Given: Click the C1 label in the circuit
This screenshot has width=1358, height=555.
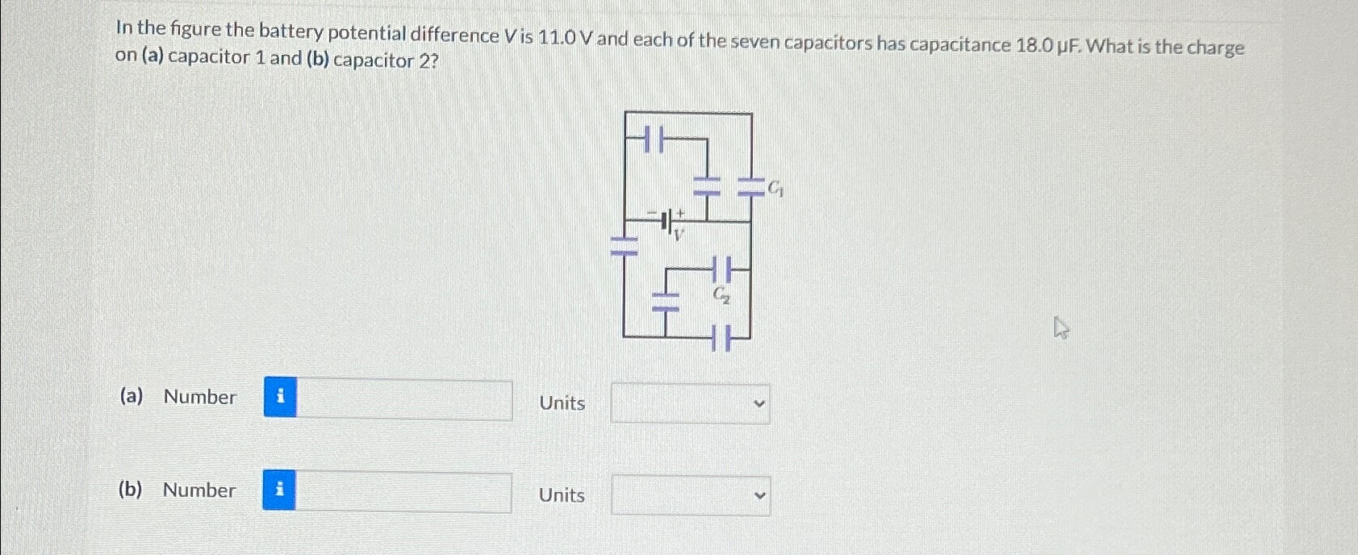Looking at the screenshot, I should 775,189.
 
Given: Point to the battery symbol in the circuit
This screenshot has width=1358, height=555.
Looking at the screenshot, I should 666,220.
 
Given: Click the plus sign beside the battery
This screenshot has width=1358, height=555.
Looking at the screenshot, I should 681,212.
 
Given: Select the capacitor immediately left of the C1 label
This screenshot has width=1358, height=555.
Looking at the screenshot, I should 751,189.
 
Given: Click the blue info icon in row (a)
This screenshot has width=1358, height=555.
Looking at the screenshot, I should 280,397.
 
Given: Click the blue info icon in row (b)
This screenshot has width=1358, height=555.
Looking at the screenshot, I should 279,490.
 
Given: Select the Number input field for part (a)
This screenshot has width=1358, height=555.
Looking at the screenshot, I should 403,400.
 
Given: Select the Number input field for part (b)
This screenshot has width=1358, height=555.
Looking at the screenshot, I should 403,492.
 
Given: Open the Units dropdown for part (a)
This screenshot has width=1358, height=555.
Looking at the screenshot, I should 690,403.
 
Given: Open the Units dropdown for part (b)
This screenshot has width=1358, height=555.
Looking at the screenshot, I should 690,495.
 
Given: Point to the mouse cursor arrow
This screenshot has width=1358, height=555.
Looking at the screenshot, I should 1061,328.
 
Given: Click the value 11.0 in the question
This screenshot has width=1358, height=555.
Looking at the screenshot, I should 557,37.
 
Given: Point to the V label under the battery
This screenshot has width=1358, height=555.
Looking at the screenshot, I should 679,235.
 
